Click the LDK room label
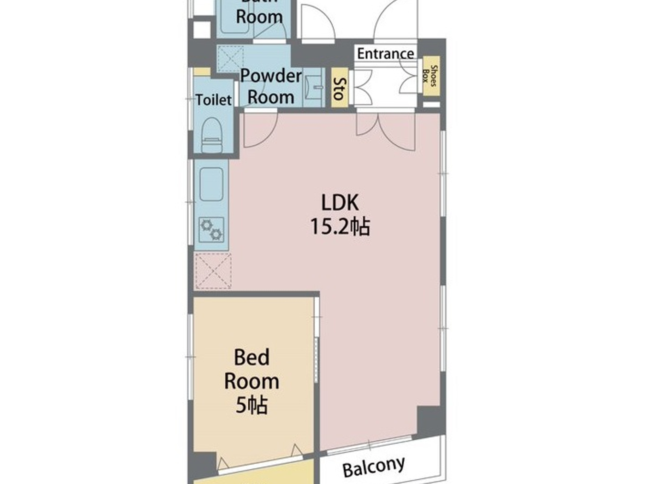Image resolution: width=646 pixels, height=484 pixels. click(x=340, y=202)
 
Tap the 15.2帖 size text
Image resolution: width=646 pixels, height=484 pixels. click(x=340, y=226)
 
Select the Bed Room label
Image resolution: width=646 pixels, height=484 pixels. click(x=251, y=369)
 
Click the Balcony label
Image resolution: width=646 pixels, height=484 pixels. click(x=373, y=466)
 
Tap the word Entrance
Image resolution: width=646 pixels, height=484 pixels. click(x=385, y=53)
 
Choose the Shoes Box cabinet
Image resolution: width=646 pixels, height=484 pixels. click(x=431, y=76)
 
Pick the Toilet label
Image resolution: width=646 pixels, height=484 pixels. click(x=213, y=100)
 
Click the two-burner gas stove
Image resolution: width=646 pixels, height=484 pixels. click(x=211, y=230)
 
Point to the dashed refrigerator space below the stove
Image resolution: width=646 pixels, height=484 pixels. click(x=213, y=271)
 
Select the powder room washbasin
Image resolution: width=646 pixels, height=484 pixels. click(x=315, y=88)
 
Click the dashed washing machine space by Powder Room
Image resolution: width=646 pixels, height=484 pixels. click(x=230, y=58)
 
